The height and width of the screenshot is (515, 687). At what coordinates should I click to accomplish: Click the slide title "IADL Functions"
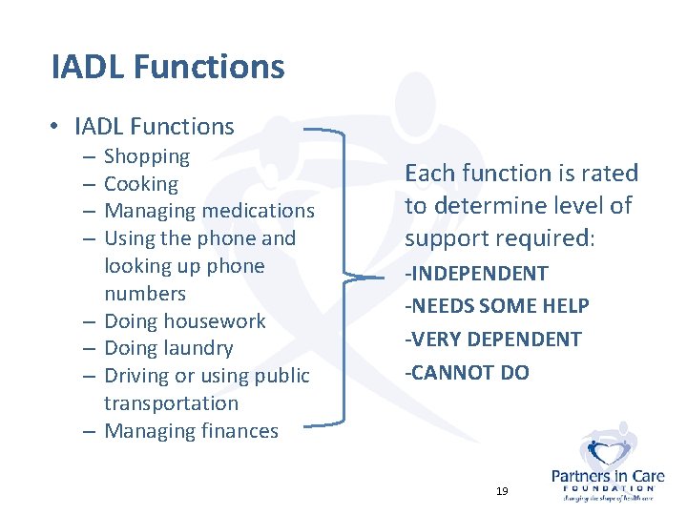[168, 67]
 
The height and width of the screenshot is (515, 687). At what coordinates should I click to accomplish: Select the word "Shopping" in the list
[147, 156]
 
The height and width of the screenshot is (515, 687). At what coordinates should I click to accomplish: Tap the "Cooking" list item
[141, 184]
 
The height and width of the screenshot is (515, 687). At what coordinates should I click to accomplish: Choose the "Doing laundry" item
[168, 348]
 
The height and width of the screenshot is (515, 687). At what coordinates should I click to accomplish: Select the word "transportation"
[171, 403]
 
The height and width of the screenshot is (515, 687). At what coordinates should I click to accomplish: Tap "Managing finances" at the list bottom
[191, 431]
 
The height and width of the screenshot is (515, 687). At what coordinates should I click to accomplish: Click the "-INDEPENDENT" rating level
[476, 274]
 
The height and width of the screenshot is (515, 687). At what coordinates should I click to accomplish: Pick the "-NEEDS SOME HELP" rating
[497, 306]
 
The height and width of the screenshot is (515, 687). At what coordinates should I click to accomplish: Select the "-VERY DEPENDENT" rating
[492, 340]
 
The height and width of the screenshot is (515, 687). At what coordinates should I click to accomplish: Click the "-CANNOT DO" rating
[467, 372]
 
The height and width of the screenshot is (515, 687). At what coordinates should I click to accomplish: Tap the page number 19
[502, 491]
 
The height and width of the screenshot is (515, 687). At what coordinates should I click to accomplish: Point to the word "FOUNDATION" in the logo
[608, 487]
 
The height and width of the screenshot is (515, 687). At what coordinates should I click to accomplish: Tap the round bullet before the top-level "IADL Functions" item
[58, 127]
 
